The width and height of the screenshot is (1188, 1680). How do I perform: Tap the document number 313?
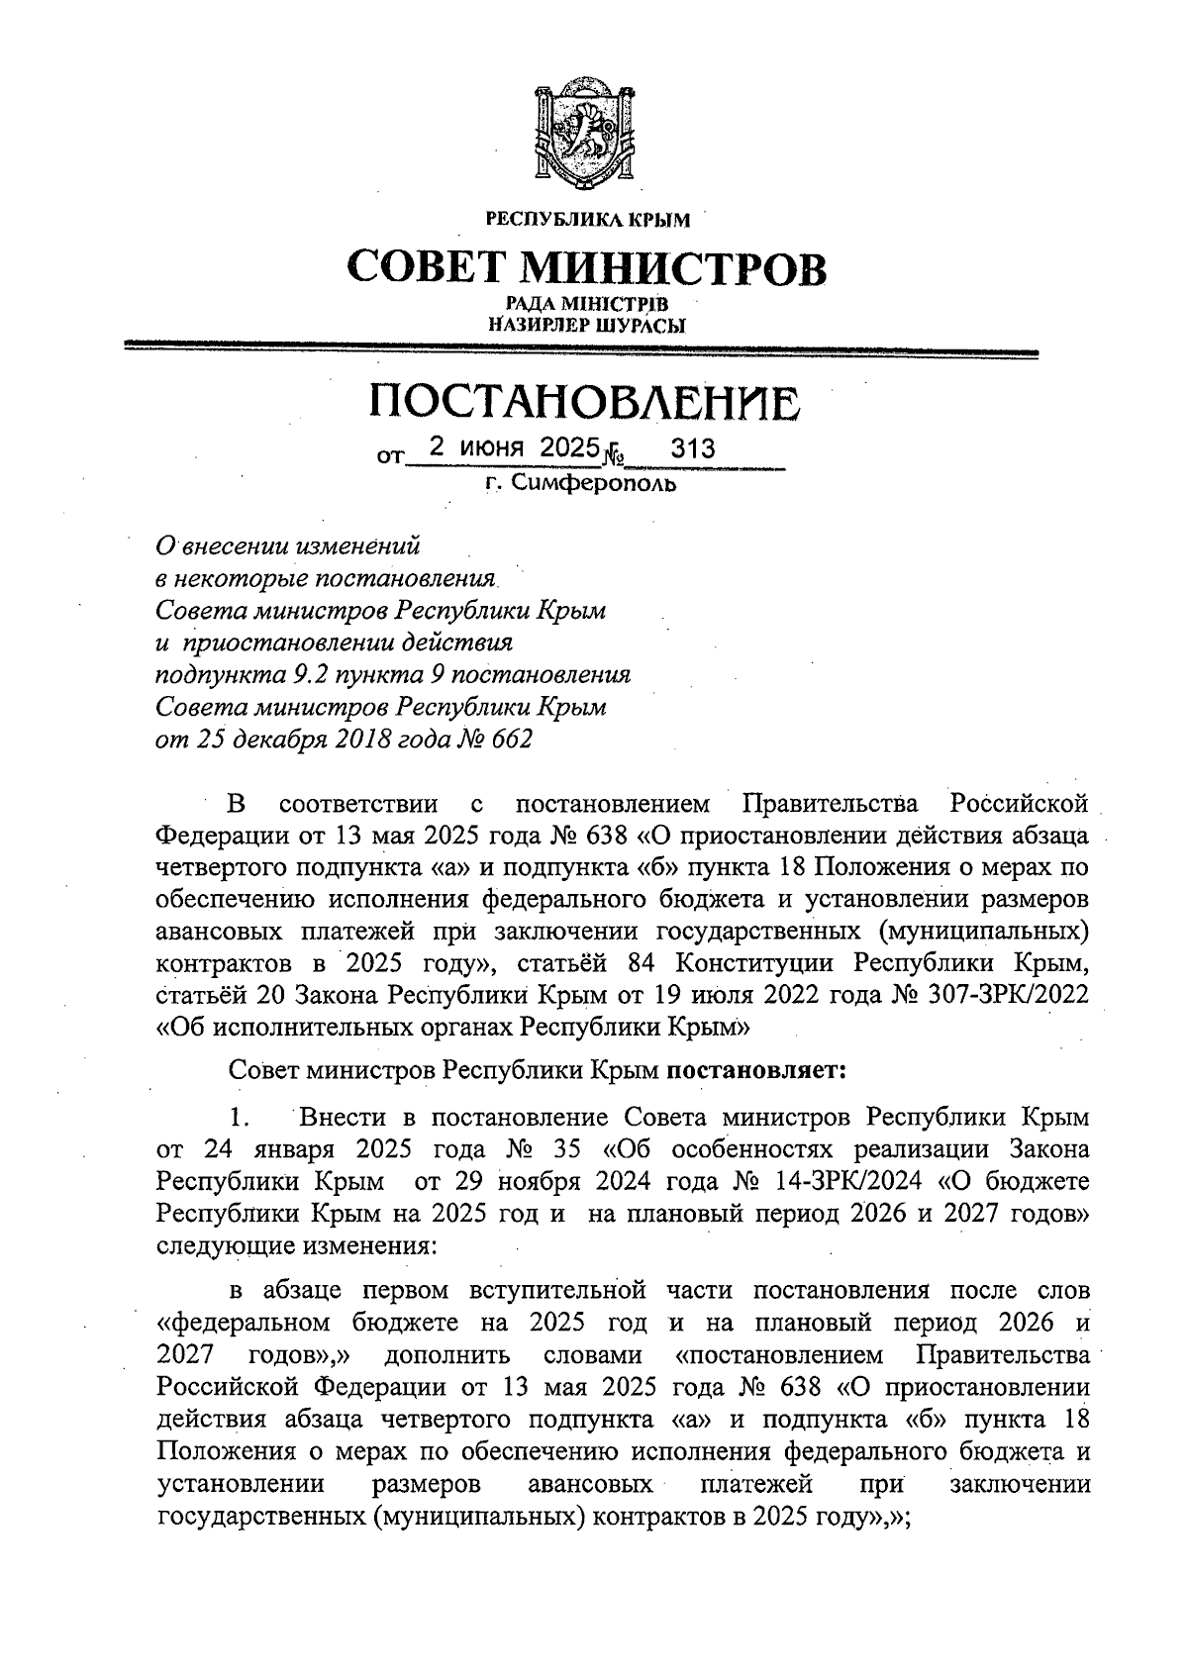click(x=692, y=449)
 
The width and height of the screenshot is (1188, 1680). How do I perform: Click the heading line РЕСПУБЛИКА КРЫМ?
click(x=587, y=219)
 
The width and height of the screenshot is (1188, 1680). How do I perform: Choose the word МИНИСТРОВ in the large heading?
click(x=672, y=266)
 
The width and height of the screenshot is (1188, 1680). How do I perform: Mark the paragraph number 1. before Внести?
click(x=238, y=1118)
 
